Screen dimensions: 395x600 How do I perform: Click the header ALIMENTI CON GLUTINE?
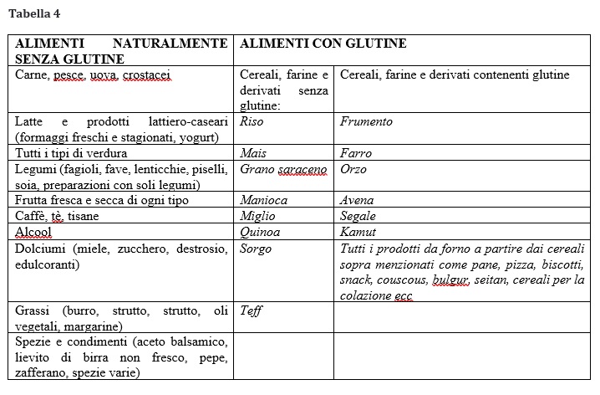[323, 44]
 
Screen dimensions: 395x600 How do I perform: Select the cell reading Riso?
[252, 121]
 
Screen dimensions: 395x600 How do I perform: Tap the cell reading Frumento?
[366, 121]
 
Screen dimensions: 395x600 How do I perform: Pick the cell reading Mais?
[253, 153]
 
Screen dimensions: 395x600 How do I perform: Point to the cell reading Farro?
[356, 153]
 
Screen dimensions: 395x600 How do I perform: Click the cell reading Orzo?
[353, 169]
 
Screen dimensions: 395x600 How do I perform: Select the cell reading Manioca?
[263, 200]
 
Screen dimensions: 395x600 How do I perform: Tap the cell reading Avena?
[357, 200]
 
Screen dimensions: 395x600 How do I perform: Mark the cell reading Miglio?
[257, 216]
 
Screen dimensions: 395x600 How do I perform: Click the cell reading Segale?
[358, 216]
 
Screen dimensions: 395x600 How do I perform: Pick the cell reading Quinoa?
[260, 232]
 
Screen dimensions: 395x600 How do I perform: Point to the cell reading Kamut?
[358, 232]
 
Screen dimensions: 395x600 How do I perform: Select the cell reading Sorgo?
[256, 249]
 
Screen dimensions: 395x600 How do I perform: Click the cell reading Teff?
[251, 310]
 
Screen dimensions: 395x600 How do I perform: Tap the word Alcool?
[33, 232]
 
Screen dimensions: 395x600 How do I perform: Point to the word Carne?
[32, 75]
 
